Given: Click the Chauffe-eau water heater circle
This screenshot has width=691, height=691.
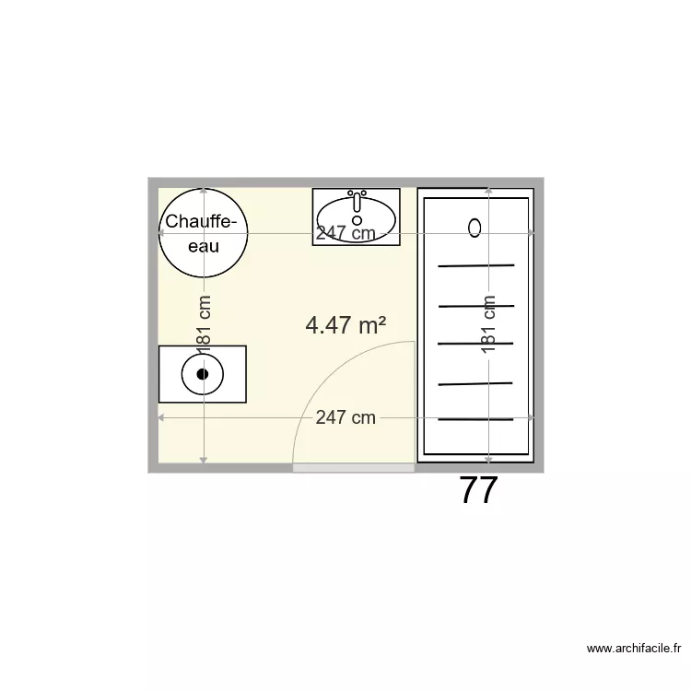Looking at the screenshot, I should [203, 232].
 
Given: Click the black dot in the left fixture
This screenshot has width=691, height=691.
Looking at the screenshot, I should [203, 374].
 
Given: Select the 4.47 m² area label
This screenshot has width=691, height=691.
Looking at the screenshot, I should [345, 324].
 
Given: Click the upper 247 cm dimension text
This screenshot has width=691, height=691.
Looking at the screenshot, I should [345, 233].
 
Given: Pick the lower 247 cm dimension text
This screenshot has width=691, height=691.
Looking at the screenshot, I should [345, 417].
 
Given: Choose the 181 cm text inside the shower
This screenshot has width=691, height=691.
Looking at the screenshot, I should [488, 323].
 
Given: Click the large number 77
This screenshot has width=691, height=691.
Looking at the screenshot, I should [478, 491].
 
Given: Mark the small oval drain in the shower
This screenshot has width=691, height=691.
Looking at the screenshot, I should [475, 228].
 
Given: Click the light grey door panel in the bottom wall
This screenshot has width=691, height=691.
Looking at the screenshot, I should [353, 468].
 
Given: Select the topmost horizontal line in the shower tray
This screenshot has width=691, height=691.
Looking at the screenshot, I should [475, 265].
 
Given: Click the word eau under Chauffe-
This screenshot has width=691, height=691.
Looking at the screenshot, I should [203, 246].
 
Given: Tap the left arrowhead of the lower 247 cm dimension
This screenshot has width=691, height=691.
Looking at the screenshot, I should [162, 417].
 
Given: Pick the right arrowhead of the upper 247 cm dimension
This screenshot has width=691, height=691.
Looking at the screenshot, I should [531, 233].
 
